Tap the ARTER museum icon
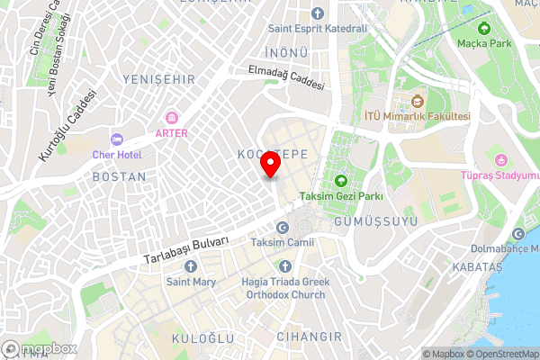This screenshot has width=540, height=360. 171,118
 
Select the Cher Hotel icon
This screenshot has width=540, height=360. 116,139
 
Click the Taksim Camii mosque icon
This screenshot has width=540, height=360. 283,228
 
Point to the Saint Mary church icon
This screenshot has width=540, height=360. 190,266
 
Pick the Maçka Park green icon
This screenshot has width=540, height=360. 485,28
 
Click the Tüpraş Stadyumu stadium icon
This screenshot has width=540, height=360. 491,161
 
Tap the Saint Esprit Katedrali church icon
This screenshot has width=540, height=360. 316,13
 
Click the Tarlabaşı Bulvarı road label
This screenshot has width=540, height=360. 186,251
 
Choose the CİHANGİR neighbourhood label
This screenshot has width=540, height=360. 309,337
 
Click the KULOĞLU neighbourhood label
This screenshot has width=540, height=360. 202,338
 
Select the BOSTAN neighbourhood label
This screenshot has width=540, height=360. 119,177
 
